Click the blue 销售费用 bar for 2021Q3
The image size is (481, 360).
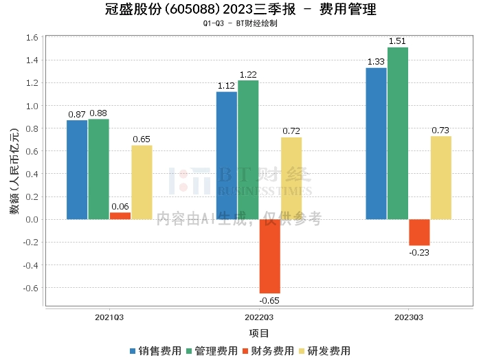pos(77,170)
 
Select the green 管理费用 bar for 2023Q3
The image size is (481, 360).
pos(397,133)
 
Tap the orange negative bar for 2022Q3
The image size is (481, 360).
pos(269,256)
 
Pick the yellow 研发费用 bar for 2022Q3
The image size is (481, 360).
pos(291,179)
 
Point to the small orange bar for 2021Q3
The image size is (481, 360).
pos(120,216)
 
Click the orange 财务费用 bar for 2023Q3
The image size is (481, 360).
pos(419,232)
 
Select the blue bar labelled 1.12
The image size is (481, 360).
pos(227,155)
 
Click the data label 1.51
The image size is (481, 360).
pos(397,41)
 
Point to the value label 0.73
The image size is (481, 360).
pos(441,131)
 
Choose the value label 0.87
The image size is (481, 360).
pos(76,113)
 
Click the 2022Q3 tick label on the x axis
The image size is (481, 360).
pos(259,317)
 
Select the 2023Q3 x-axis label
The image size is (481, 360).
pos(409,317)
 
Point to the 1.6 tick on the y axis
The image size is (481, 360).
pos(32,38)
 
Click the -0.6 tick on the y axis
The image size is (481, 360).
pos(31,288)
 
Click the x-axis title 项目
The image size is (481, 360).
pos(259,333)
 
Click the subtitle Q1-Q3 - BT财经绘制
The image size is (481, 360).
pos(240,23)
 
